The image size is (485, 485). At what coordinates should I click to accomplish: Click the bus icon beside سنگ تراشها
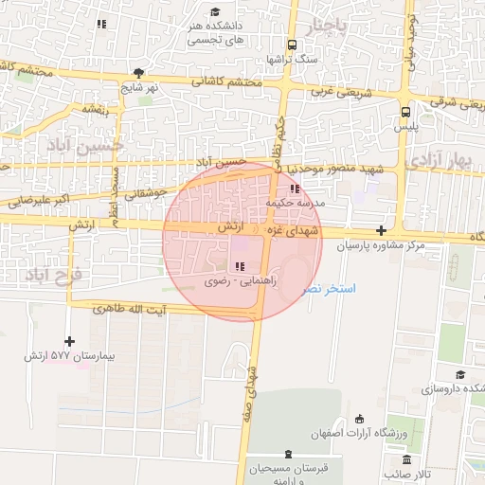tap(291, 45)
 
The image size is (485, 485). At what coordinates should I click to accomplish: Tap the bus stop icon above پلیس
tap(405, 110)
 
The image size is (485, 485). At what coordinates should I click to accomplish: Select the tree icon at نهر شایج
tap(139, 73)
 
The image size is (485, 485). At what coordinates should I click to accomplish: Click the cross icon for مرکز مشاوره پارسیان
tap(381, 230)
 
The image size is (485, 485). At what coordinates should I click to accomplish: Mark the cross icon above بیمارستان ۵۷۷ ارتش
tap(69, 341)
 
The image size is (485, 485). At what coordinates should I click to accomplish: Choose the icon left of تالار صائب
tap(392, 471)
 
